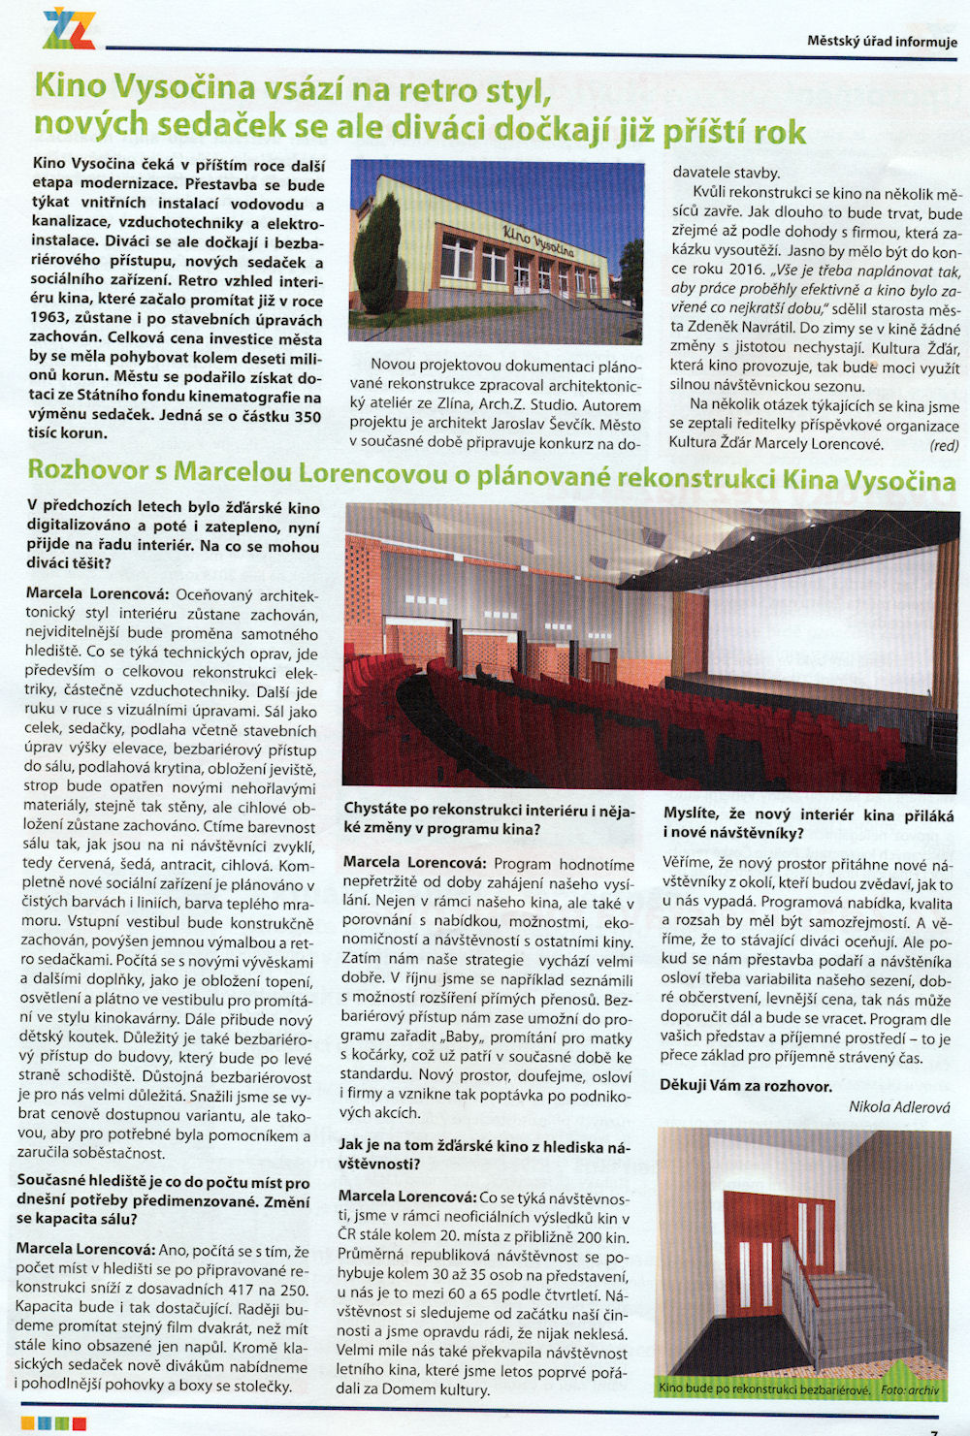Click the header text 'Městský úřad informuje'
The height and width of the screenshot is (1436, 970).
pos(882,42)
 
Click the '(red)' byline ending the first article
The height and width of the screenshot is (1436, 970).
pos(943,445)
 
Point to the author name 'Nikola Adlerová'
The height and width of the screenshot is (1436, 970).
pos(898,1107)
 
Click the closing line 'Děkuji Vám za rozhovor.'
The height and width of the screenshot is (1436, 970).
pos(745,1086)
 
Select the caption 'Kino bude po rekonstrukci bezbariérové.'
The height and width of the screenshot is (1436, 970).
pos(763,1388)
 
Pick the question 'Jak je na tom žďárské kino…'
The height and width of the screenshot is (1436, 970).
pos(484,1155)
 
